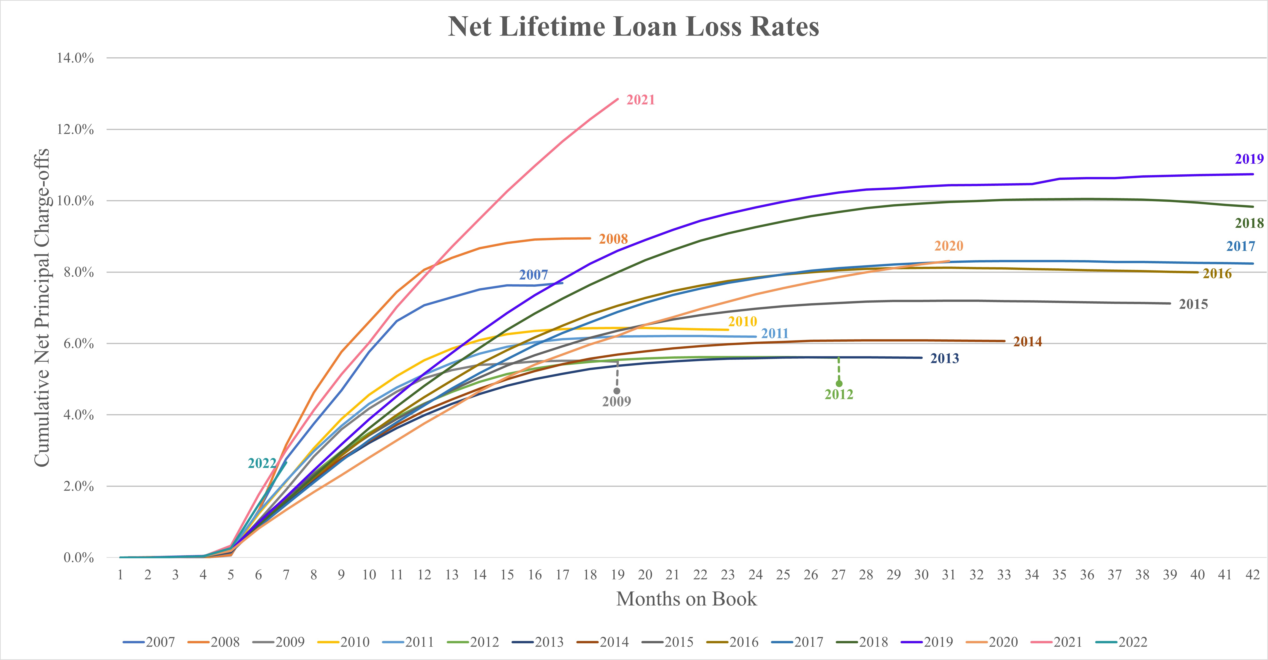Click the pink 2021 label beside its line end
point(640,100)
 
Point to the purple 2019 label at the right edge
point(1249,159)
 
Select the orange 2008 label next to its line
point(613,239)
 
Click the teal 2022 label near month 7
point(262,463)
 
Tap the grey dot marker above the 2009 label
point(617,390)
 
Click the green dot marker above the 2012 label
point(839,384)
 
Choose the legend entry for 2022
point(1122,642)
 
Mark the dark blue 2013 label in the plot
point(944,359)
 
